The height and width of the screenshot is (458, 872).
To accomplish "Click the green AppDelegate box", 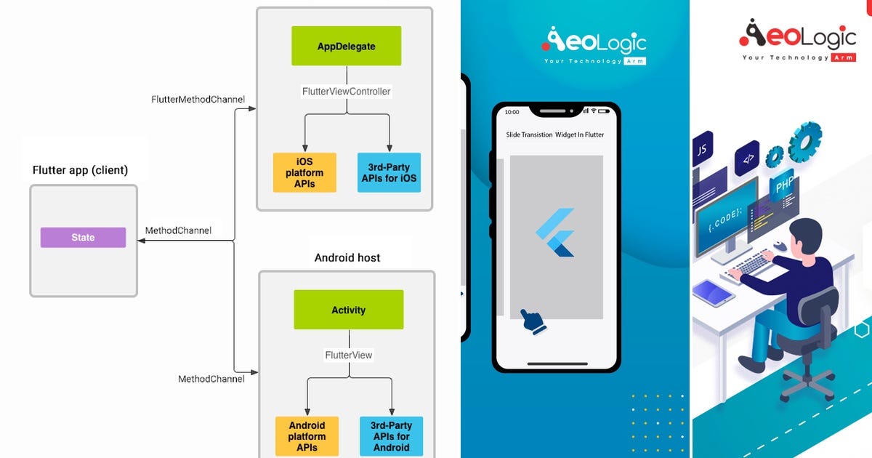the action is (x=346, y=46).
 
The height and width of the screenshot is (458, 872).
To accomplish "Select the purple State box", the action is (x=83, y=237).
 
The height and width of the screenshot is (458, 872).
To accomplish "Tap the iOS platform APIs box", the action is (x=304, y=172).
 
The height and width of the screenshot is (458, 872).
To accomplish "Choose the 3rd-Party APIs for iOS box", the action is (x=389, y=172).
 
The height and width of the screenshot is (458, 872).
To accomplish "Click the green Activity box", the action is (x=348, y=310).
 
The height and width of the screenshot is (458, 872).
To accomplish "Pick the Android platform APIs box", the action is (x=307, y=436).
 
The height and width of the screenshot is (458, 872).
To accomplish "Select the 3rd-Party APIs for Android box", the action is (x=391, y=436).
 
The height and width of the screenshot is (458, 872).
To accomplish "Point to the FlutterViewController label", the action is (x=346, y=92).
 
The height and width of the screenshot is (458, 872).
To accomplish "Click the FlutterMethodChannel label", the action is (x=198, y=100).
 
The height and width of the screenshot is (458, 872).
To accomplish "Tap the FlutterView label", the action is (x=348, y=355).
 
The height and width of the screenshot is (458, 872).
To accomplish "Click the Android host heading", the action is (x=347, y=258).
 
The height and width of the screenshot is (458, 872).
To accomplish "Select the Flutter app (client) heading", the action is (x=80, y=170).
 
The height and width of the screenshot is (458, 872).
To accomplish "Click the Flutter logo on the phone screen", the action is (x=555, y=233).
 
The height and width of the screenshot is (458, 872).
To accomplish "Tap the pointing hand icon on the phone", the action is (x=533, y=321).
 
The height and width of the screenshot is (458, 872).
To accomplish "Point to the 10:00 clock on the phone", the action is (x=512, y=112).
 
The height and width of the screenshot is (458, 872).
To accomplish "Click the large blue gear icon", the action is (x=804, y=141).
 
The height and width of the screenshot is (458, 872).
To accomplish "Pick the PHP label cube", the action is (x=783, y=184).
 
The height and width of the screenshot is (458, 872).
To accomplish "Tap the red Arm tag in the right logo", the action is (x=844, y=57).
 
